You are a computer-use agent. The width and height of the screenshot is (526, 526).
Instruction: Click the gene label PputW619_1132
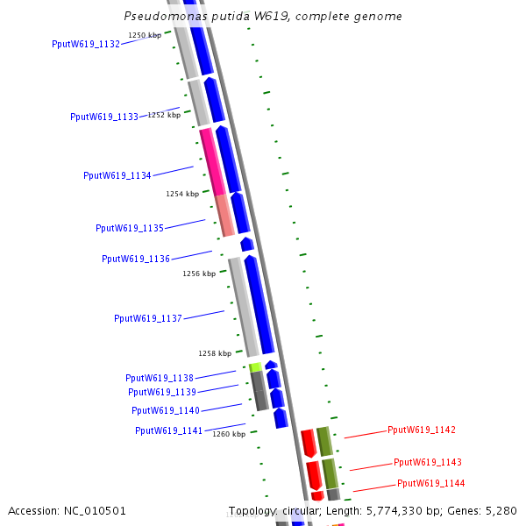pyautogui.click(x=86, y=44)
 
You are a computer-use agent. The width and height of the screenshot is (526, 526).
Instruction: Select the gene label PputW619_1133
pyautogui.click(x=104, y=117)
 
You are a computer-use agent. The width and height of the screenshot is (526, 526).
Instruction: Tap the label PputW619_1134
pyautogui.click(x=117, y=175)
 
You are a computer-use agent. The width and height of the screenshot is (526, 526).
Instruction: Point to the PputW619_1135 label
pyautogui.click(x=130, y=228)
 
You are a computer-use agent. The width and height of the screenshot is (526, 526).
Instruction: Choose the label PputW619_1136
pyautogui.click(x=136, y=259)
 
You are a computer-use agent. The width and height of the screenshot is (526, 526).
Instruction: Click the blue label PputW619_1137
pyautogui.click(x=148, y=318)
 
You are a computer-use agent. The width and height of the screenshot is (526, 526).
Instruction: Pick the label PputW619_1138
pyautogui.click(x=160, y=378)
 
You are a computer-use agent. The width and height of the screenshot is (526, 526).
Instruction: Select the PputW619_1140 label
pyautogui.click(x=166, y=410)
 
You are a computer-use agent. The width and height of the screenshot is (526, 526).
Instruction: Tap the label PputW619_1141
pyautogui.click(x=169, y=430)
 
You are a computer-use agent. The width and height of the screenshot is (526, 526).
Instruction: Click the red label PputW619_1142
pyautogui.click(x=422, y=430)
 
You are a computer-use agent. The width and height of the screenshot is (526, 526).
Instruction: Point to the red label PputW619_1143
pyautogui.click(x=428, y=462)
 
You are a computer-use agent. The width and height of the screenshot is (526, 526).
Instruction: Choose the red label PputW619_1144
pyautogui.click(x=431, y=483)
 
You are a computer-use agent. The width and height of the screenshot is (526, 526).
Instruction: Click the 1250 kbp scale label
pyautogui.click(x=145, y=35)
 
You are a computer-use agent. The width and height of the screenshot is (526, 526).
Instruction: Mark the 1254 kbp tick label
pyautogui.click(x=182, y=194)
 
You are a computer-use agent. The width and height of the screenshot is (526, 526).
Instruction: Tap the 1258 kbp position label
pyautogui.click(x=215, y=353)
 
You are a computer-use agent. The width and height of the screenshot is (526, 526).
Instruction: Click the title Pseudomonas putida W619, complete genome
pyautogui.click(x=263, y=16)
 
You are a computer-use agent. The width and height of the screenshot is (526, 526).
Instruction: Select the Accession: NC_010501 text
pyautogui.click(x=68, y=510)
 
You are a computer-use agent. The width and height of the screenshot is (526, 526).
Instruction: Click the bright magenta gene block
pyautogui.click(x=212, y=162)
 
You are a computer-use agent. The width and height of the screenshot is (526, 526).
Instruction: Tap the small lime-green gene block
pyautogui.click(x=255, y=367)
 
